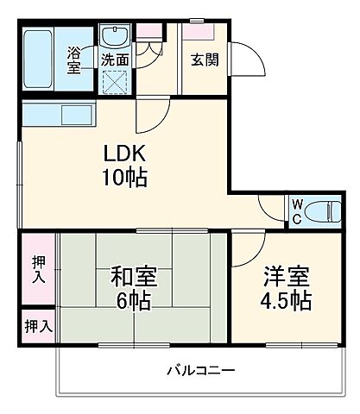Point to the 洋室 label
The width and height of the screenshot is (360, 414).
[x=286, y=279]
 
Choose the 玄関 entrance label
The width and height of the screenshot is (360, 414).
[x=203, y=60]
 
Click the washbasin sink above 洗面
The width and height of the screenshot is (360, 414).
[x=112, y=36]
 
